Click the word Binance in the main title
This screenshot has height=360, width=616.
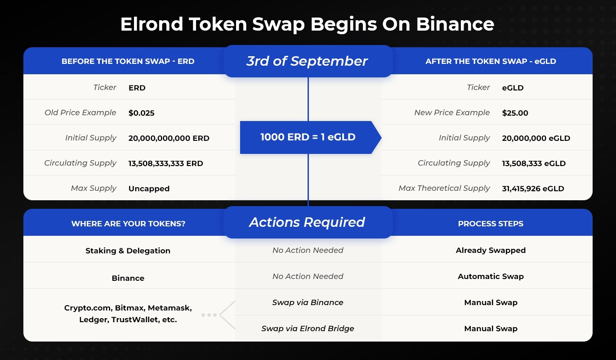point(455,24)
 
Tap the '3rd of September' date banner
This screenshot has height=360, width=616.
point(308,61)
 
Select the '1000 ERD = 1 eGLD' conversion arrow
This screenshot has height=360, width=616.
point(311,137)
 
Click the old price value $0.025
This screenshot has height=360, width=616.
point(141,113)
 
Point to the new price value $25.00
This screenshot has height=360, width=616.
point(515,113)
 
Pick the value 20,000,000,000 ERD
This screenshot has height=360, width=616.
point(169,138)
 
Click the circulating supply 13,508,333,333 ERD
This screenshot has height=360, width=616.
point(165,163)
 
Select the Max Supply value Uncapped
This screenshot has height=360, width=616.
point(149,189)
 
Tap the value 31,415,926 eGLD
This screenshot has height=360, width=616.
point(533,189)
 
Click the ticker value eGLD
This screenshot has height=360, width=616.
point(513,88)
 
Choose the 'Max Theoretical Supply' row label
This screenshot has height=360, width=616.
point(444,188)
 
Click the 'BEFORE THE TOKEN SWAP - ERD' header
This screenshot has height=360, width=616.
point(128,61)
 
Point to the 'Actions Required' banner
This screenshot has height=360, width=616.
point(308,222)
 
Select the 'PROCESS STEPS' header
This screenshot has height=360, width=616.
point(491,224)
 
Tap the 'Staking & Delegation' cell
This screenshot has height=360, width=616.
point(128,251)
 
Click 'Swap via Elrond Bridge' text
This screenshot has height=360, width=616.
point(308,328)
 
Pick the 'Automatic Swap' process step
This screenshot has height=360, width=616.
point(491,276)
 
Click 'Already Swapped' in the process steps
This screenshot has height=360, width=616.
point(491,250)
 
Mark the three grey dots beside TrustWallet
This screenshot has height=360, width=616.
point(209,315)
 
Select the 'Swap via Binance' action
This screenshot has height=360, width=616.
point(308,302)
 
